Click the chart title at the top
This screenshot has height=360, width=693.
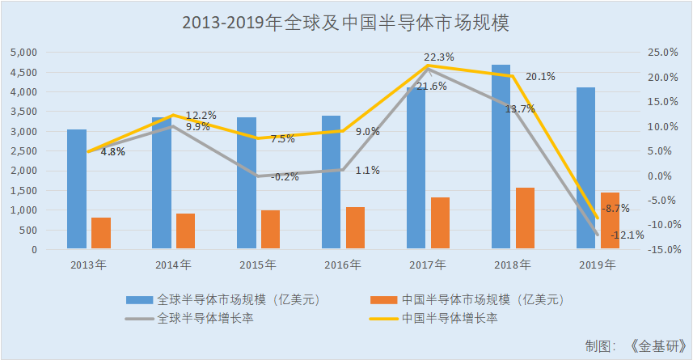click(x=346, y=23)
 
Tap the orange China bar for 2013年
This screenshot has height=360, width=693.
click(x=101, y=233)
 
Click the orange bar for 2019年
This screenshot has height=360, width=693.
click(x=610, y=221)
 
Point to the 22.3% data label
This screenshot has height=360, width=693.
click(x=439, y=57)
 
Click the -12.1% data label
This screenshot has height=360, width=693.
click(x=628, y=235)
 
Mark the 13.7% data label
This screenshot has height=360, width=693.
click(x=519, y=109)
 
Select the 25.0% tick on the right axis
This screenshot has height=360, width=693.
click(x=661, y=53)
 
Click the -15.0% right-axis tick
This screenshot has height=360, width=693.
click(x=660, y=250)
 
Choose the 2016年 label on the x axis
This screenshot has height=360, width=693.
click(x=343, y=265)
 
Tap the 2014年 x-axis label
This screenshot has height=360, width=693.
click(x=173, y=265)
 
